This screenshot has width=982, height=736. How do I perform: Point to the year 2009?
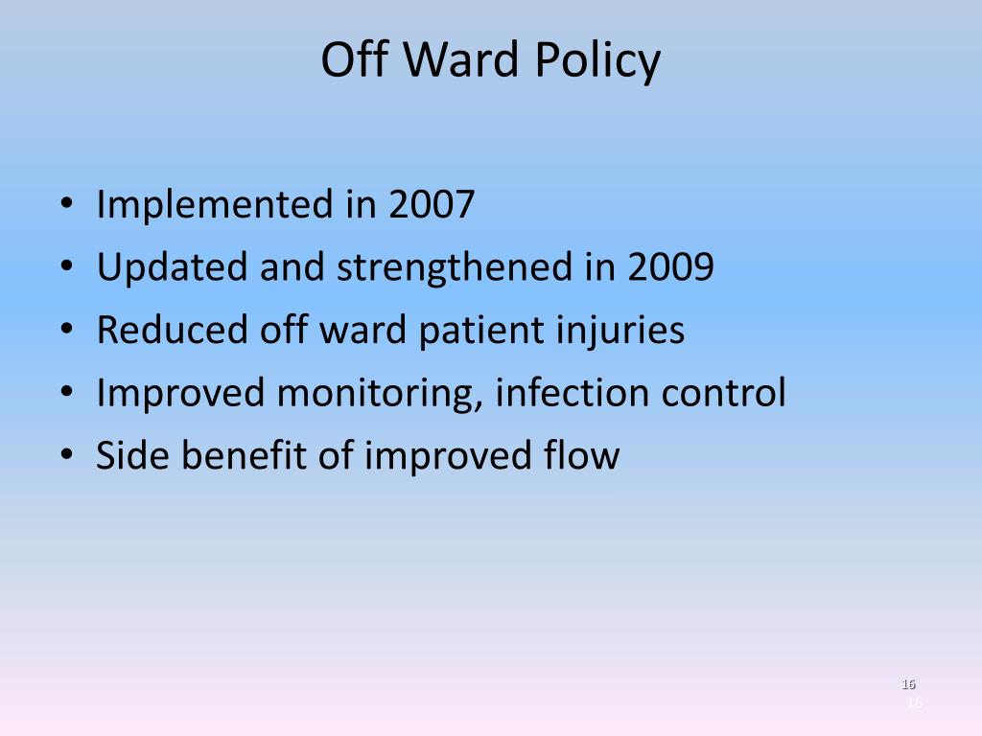click(670, 267)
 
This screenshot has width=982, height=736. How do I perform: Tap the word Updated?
click(173, 267)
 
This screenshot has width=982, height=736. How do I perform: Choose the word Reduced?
click(173, 330)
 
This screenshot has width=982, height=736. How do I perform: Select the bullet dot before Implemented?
click(66, 205)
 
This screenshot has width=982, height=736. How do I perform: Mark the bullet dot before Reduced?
click(66, 331)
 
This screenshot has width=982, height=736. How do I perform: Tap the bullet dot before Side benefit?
click(66, 456)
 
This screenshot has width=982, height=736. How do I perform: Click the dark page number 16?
click(908, 684)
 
